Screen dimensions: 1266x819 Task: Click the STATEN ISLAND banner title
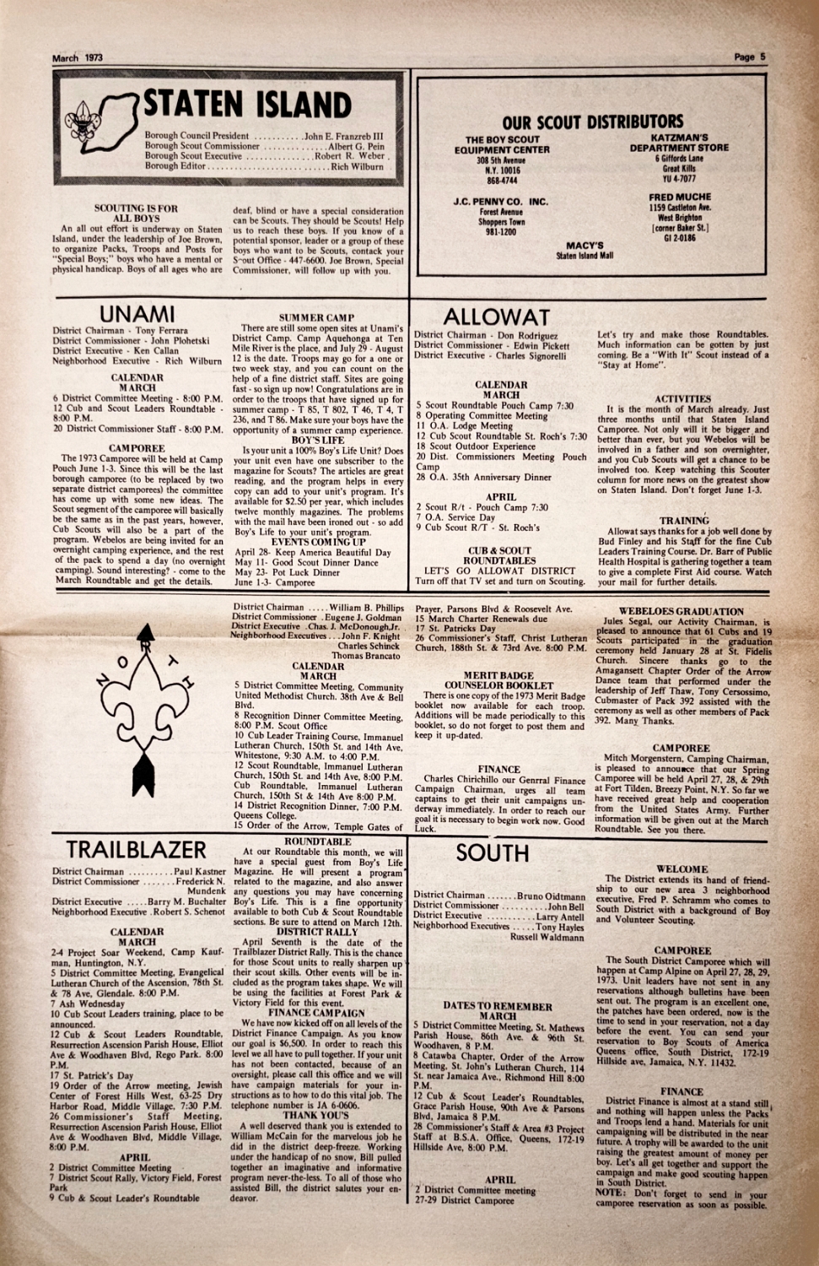(246, 104)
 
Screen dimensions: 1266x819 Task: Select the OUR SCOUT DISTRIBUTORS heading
(592, 122)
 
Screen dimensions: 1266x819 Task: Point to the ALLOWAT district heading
(496, 317)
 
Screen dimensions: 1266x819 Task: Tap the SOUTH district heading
(492, 852)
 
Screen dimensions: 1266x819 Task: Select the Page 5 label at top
(749, 58)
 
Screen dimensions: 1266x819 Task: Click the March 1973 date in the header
(78, 58)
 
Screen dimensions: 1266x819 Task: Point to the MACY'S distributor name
(585, 246)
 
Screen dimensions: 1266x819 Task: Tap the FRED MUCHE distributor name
(680, 197)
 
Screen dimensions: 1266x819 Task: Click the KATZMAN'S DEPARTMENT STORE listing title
(679, 142)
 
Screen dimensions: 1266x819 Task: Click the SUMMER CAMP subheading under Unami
(317, 317)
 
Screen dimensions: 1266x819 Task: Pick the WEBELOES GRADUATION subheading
(681, 611)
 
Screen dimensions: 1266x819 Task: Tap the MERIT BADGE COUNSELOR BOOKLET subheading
(498, 680)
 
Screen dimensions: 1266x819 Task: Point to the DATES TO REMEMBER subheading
(498, 1006)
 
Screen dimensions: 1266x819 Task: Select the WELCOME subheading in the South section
(682, 868)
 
